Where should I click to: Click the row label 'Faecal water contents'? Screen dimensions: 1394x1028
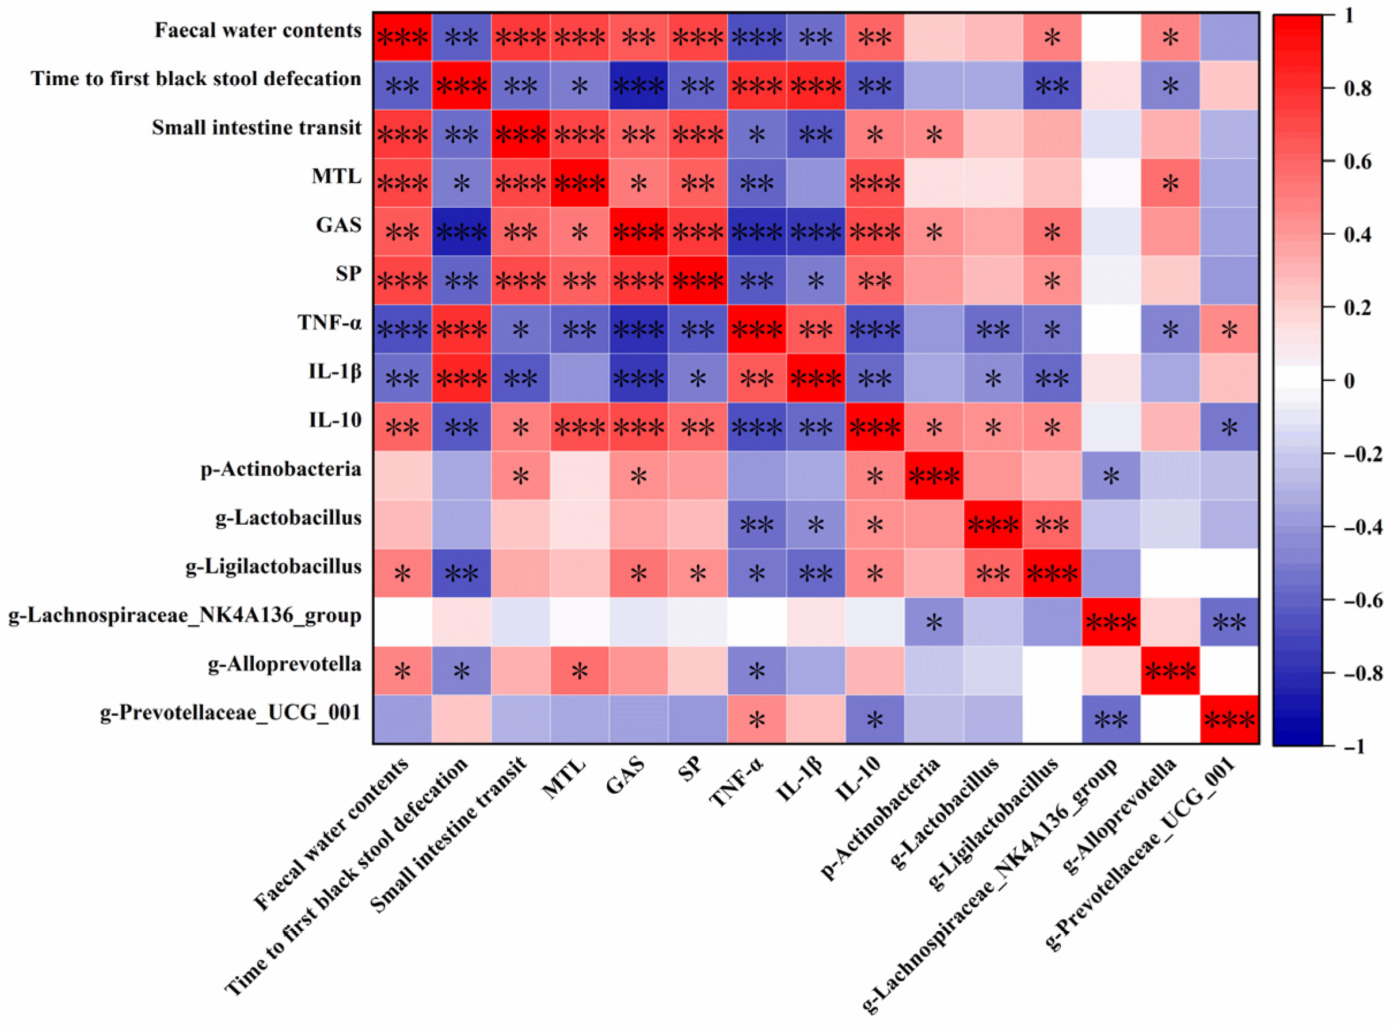pyautogui.click(x=258, y=30)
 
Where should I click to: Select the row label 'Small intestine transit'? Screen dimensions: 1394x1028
pyautogui.click(x=257, y=128)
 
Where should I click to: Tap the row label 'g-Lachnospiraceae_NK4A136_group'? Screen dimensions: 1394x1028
pyautogui.click(x=185, y=616)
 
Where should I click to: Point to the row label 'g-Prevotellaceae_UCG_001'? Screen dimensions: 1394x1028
pyautogui.click(x=231, y=713)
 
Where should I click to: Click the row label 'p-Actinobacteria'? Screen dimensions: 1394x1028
pyautogui.click(x=281, y=469)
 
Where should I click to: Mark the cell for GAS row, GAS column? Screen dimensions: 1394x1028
pyautogui.click(x=638, y=232)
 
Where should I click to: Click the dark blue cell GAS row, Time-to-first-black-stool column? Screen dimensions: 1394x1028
pyautogui.click(x=462, y=232)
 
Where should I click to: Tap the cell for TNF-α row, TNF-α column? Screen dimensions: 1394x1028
pyautogui.click(x=756, y=330)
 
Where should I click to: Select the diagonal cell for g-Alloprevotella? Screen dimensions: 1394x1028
pyautogui.click(x=1170, y=671)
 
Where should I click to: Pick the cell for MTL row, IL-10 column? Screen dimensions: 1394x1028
pyautogui.click(x=875, y=183)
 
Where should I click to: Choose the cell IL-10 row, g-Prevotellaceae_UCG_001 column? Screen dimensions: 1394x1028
pyautogui.click(x=1229, y=427)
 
